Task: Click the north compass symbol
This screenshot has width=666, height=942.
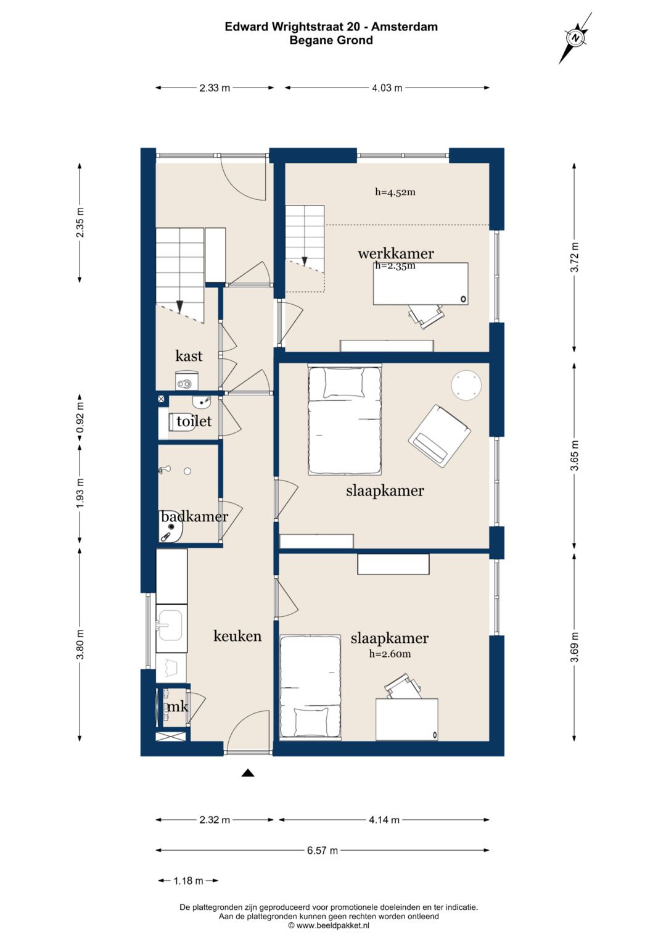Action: coord(576,38)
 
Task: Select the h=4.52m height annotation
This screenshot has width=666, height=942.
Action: coord(395,192)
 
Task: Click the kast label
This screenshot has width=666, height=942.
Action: coord(189,356)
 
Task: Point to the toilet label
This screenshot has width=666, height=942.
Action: coord(194,421)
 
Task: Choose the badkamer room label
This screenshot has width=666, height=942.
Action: coord(195,516)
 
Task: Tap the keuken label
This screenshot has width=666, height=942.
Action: coord(237,636)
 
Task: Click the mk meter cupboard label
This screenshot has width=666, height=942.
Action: coord(178,707)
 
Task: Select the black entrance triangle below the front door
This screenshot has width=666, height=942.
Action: coord(248,772)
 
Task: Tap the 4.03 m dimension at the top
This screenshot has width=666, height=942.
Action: coord(387,88)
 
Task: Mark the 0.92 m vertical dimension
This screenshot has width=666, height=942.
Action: coord(80,418)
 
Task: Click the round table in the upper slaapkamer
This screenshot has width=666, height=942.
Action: coord(466,385)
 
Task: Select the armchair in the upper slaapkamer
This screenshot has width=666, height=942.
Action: coord(439,437)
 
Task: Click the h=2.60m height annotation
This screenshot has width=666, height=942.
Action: coord(390,654)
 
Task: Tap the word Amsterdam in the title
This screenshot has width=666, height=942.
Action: coord(405,27)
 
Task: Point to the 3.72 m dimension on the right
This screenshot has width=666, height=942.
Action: coord(574,257)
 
